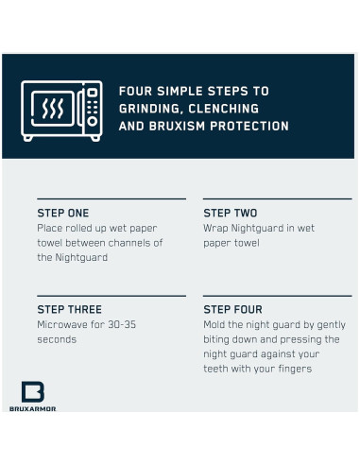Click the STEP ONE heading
coord(63,213)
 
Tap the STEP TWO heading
coord(231,213)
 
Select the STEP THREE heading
coord(70,309)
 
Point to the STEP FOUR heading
coord(232,309)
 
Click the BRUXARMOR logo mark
coord(33,391)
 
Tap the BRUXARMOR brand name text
coord(33,409)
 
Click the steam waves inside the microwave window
coord(53,108)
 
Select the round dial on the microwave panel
coord(93,121)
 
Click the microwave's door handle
coord(80,109)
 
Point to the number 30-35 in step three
coord(122,324)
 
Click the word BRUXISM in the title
coord(177,126)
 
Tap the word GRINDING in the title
coord(151,109)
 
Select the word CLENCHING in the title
coord(224,109)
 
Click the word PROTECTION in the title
coord(249,126)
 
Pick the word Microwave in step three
coord(61,324)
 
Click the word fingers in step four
coord(295,369)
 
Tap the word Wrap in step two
coord(215,229)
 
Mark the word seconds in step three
coord(57,339)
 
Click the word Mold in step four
coord(214,324)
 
